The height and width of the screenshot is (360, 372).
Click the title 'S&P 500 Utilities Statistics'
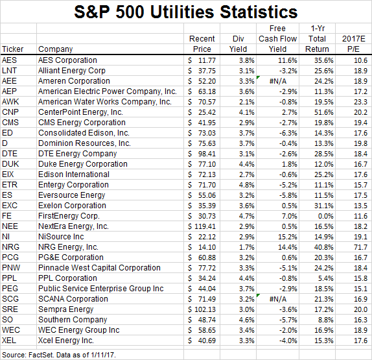point(186,12)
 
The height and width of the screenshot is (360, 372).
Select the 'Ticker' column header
point(13,49)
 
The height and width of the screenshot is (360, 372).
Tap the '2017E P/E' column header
point(356,44)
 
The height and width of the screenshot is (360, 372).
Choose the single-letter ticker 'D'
point(5,143)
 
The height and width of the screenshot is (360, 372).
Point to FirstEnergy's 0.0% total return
point(320,216)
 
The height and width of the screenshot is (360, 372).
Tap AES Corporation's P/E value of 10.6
point(358,60)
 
